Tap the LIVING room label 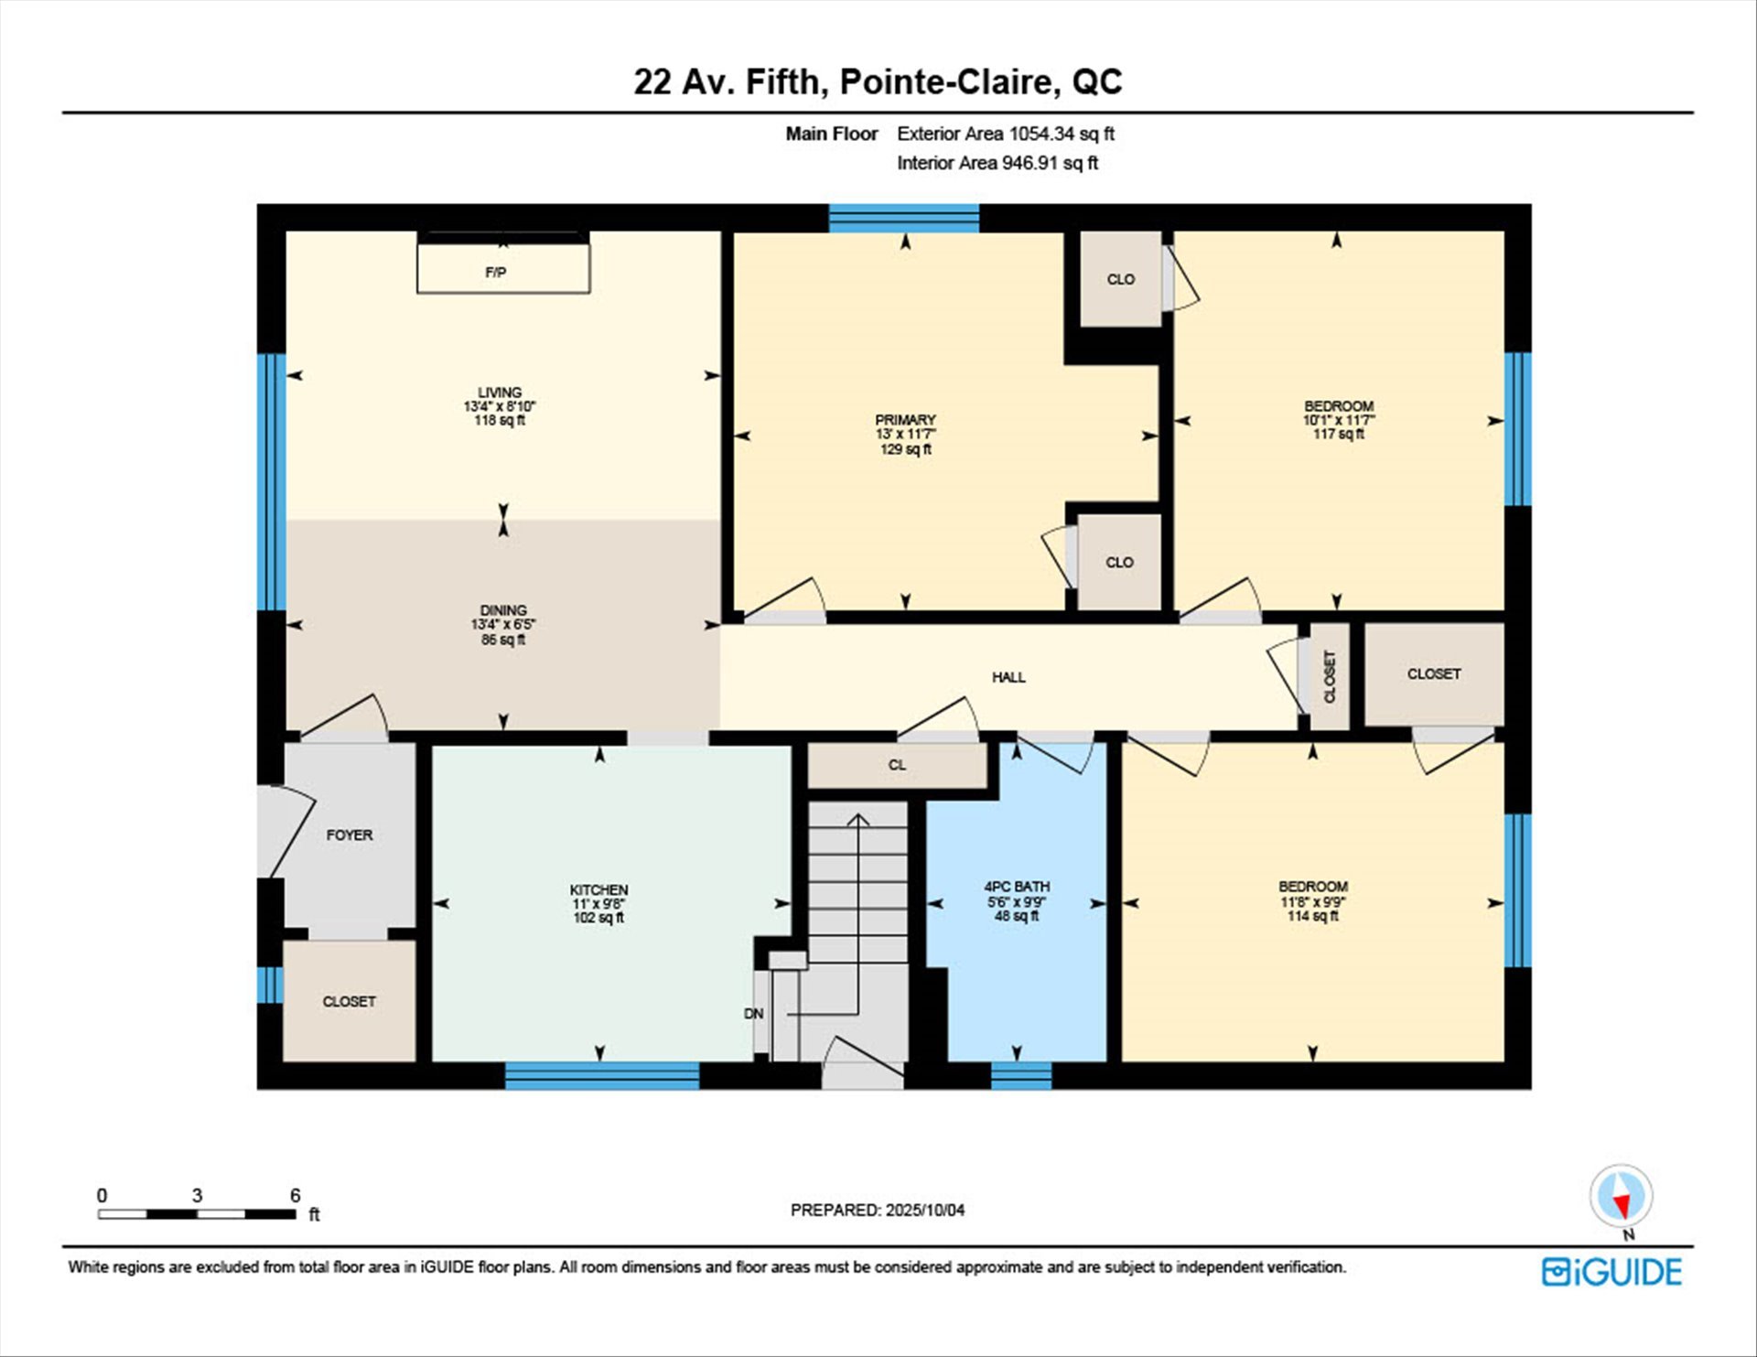point(500,392)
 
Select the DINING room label point(503,609)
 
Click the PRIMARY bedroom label point(905,420)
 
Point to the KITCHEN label point(598,889)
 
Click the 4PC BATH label point(1017,886)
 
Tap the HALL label point(1008,677)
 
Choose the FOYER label point(350,835)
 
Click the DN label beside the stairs point(754,1013)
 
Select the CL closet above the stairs point(897,765)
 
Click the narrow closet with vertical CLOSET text point(1330,676)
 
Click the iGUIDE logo point(1611,1272)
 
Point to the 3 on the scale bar point(197,1195)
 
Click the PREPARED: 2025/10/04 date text point(878,1210)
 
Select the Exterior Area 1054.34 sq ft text point(1006,134)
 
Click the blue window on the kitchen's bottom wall point(602,1076)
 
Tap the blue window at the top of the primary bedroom point(904,218)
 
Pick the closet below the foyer point(350,1001)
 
